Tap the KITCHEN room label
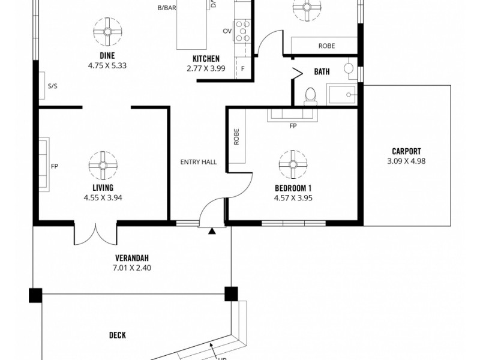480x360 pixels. point(206,58)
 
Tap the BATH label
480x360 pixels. point(322,72)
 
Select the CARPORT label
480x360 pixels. point(406,151)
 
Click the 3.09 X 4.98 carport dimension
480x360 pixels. point(406,161)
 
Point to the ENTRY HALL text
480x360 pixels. point(199,162)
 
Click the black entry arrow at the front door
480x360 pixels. point(212,230)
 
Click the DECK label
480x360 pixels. point(117,335)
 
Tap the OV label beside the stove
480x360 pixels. point(227,31)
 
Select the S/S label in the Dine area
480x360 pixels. point(53,86)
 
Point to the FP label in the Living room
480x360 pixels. point(54,166)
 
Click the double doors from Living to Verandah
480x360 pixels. point(95,234)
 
